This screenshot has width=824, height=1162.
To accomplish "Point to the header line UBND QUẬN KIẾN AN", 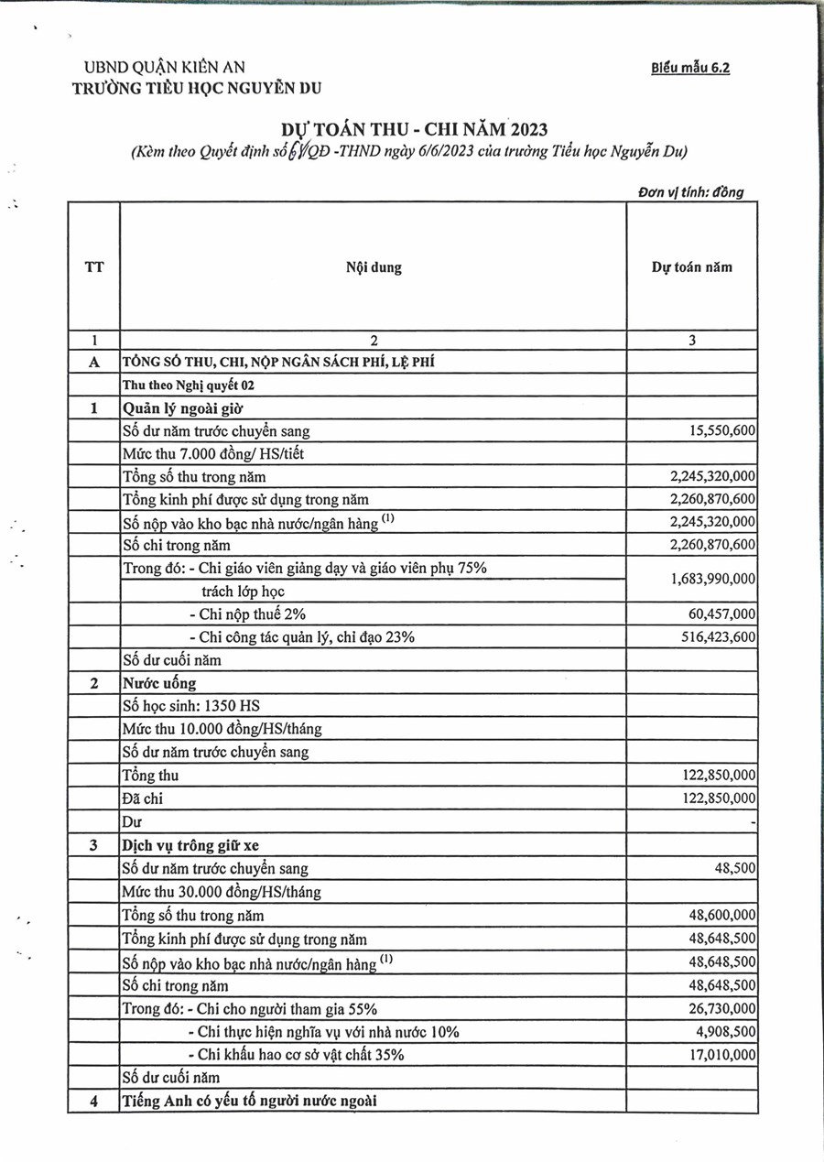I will [x=165, y=67].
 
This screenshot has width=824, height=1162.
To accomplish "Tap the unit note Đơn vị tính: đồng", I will [x=691, y=192].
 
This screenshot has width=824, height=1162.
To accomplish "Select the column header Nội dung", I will [x=374, y=267].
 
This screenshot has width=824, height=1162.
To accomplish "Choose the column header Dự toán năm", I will [x=691, y=267].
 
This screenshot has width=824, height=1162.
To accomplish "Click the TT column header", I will [x=93, y=267].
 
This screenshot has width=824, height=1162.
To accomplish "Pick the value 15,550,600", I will [x=720, y=430].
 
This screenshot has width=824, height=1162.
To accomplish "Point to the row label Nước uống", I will [x=159, y=683].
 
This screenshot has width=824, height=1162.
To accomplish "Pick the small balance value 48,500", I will [x=735, y=868].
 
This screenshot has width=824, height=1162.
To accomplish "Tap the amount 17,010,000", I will [x=720, y=1055].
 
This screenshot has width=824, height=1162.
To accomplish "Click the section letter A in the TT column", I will [x=93, y=362].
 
